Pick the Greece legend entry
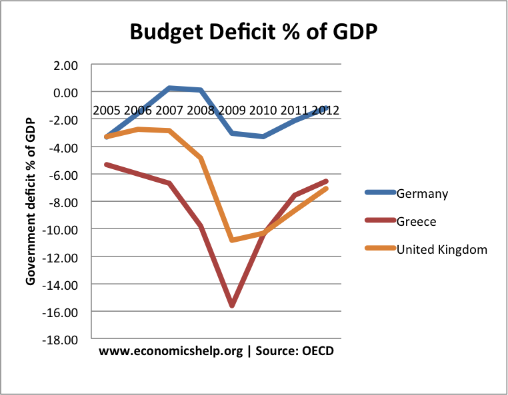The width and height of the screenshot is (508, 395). [417, 221]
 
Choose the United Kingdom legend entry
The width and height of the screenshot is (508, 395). [442, 249]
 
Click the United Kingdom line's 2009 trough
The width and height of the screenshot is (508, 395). [231, 240]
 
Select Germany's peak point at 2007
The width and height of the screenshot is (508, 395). [170, 88]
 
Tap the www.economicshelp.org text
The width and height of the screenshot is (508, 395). [170, 352]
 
